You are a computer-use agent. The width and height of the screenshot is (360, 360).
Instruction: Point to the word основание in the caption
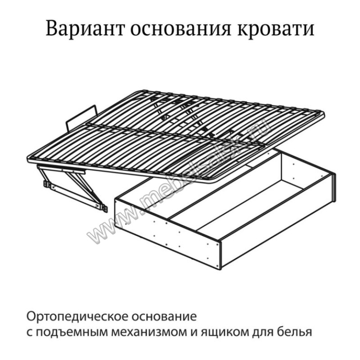coord(164,317)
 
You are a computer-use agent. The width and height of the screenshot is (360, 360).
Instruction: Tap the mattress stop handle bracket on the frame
coord(81,117)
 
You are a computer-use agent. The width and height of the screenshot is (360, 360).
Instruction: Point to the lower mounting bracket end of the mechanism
coord(104,208)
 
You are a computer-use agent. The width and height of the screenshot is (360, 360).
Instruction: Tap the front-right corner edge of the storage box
coord(220,255)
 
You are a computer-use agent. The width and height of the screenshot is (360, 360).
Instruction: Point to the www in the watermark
coord(108,227)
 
